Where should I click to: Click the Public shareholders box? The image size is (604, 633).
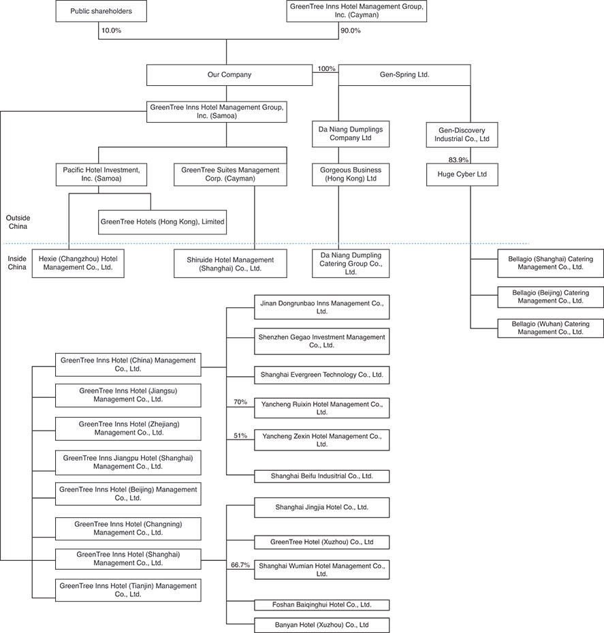(101, 12)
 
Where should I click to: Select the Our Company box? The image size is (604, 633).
(229, 75)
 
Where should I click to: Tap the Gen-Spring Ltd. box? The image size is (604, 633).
(404, 75)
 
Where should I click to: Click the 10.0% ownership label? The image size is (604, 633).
(112, 31)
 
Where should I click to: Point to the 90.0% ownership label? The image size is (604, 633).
(350, 31)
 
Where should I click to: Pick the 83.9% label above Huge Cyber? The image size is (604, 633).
(458, 160)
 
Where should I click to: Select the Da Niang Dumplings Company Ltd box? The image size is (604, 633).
(351, 134)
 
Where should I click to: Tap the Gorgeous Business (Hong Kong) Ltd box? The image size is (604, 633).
(351, 174)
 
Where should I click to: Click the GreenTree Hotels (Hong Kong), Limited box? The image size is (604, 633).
(163, 221)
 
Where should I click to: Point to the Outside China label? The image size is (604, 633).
(18, 222)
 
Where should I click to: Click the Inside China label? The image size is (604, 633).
(17, 263)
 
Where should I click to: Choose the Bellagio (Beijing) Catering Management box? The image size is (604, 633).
(550, 296)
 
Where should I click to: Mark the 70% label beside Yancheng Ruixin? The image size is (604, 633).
(240, 402)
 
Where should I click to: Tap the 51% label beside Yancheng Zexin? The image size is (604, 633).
(240, 435)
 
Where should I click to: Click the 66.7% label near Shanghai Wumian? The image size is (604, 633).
(240, 565)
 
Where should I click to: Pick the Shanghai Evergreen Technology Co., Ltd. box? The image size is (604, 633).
(322, 375)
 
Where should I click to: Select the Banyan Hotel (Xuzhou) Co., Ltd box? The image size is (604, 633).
(322, 625)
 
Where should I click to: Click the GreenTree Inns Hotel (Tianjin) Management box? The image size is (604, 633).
(128, 590)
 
